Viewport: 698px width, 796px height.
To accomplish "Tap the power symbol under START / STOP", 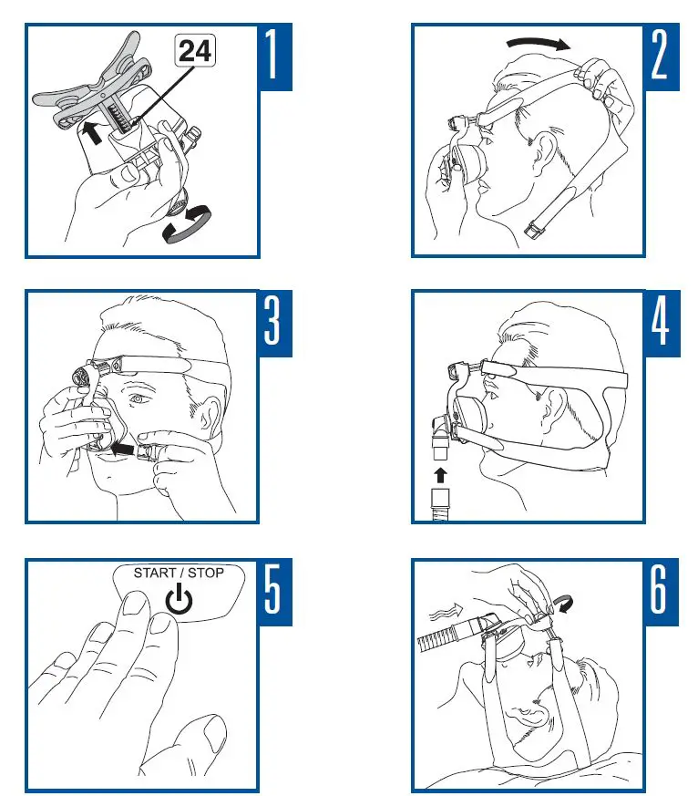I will pyautogui.click(x=180, y=600).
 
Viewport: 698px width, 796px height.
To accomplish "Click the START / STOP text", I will pyautogui.click(x=179, y=574).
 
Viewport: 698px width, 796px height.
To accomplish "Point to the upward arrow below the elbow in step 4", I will pyautogui.click(x=440, y=474).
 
